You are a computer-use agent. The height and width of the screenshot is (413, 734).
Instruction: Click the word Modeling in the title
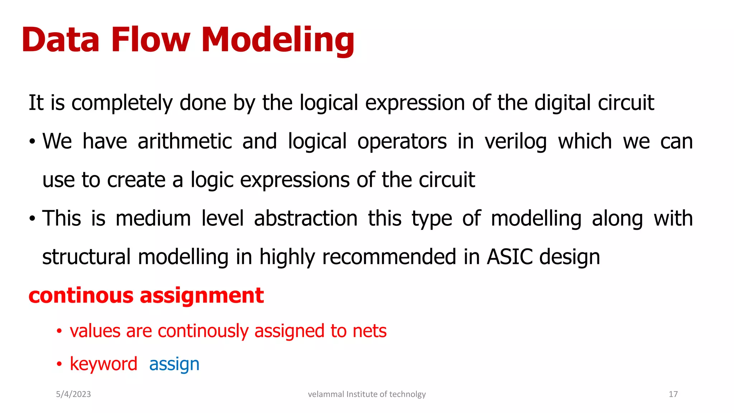click(278, 40)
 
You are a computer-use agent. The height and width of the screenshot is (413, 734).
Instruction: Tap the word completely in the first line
click(122, 103)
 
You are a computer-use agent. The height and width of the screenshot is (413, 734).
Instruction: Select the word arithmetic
click(185, 141)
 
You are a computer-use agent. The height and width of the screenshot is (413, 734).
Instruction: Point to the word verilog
click(516, 142)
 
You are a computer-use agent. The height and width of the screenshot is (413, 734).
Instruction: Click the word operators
click(402, 142)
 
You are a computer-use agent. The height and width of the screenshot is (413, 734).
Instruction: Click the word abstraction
click(305, 218)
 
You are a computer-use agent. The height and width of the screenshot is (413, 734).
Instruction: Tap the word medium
click(153, 218)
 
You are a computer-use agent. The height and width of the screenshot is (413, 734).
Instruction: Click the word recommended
click(389, 257)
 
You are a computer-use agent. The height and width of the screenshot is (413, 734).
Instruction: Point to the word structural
click(86, 257)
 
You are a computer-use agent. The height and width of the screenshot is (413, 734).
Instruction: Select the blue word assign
click(174, 365)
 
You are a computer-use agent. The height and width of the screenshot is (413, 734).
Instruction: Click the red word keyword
click(104, 364)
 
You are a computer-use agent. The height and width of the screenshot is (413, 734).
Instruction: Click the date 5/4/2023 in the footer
click(73, 394)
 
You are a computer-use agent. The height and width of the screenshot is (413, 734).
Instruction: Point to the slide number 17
click(673, 394)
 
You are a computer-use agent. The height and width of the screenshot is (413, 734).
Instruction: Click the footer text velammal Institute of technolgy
click(367, 394)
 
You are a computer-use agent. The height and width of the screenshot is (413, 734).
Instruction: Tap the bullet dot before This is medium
click(32, 218)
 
